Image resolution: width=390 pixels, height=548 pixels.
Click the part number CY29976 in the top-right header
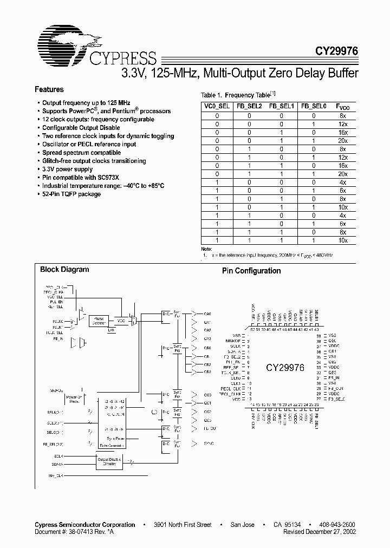click(337, 51)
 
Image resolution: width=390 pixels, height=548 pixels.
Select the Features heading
click(49, 89)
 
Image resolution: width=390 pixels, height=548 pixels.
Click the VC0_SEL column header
click(217, 107)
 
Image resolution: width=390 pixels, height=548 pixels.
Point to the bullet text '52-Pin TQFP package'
click(71, 194)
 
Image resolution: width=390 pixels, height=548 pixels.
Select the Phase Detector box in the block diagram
click(99, 321)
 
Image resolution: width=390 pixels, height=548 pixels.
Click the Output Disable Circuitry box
click(110, 461)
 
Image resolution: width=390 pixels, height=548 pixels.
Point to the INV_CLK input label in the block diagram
click(55, 475)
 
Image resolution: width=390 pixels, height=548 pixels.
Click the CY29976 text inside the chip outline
click(285, 367)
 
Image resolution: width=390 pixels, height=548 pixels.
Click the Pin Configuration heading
click(251, 271)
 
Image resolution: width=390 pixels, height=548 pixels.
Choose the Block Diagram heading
click(64, 269)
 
